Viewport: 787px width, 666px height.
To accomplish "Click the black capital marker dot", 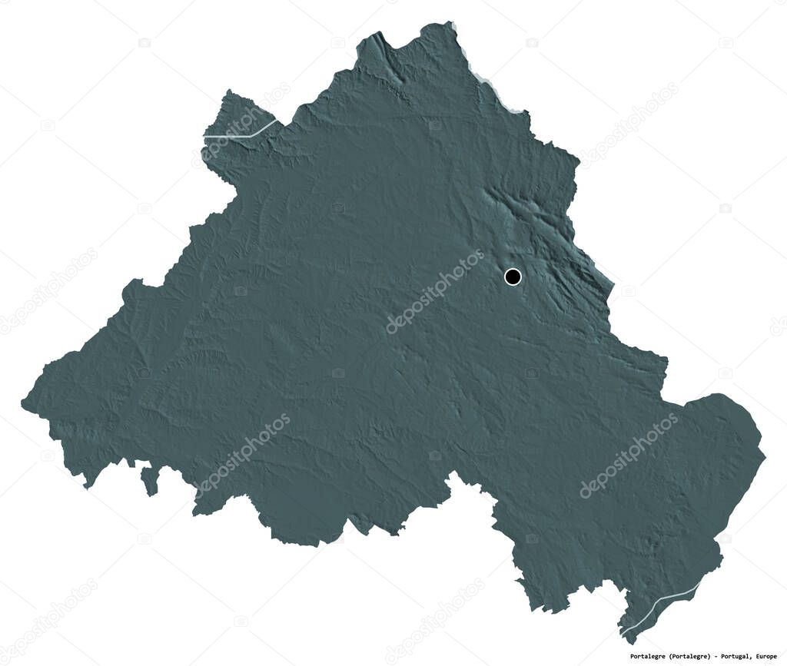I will point(513,277).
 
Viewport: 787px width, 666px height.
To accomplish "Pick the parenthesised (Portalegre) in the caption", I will point(699,657).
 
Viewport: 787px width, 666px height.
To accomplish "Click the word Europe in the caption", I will point(772,657).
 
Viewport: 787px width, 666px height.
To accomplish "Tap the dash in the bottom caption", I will point(729,657).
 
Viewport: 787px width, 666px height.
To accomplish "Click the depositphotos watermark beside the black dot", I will point(436,291).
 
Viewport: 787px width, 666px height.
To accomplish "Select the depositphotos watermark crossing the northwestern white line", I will point(243,124).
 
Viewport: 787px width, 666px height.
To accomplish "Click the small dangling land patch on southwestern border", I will point(149,480).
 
